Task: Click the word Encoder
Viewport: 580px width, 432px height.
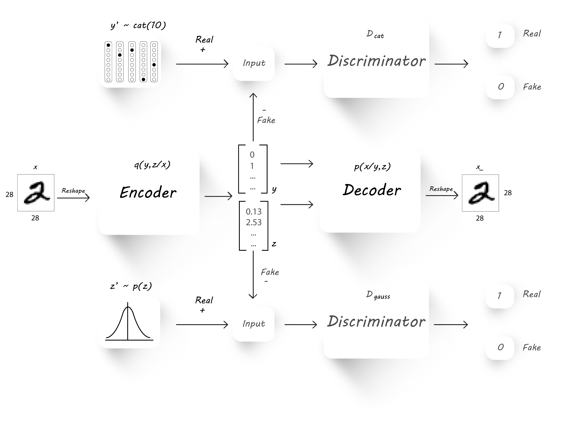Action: click(148, 193)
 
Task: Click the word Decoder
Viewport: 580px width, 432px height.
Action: click(372, 190)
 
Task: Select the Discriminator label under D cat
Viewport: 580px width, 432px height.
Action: click(376, 61)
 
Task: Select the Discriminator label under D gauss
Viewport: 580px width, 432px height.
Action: click(376, 321)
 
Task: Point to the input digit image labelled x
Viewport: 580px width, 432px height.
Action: click(36, 193)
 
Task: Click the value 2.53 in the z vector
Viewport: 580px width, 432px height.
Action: click(253, 222)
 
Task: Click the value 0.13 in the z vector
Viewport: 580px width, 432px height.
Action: click(253, 211)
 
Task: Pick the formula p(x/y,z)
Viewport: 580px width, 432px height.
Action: click(372, 167)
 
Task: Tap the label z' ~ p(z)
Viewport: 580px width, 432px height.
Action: click(131, 286)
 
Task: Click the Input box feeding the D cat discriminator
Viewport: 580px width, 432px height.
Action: click(254, 63)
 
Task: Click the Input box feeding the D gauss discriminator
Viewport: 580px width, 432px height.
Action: click(253, 324)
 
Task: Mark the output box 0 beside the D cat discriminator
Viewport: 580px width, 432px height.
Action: click(500, 87)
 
